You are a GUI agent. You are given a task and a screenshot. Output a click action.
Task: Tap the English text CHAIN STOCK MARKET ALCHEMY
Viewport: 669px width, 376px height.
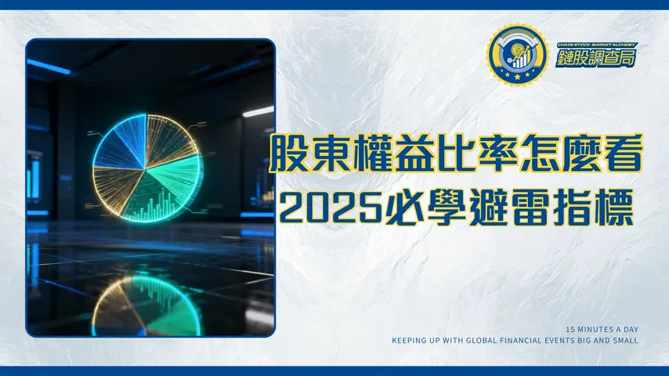(596, 45)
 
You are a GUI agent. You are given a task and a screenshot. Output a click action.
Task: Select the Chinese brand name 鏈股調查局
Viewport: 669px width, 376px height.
(596, 60)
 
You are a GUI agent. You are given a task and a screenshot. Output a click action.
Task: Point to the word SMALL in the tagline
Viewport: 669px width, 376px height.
(627, 341)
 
